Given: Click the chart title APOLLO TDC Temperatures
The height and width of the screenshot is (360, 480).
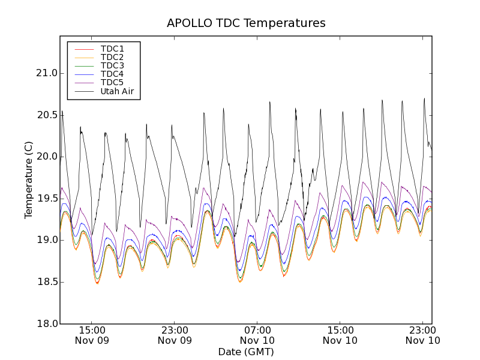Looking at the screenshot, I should [246, 23].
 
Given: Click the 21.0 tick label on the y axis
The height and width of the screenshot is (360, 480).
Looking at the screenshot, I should [46, 73].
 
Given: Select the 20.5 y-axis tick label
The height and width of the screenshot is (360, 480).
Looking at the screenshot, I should [46, 115].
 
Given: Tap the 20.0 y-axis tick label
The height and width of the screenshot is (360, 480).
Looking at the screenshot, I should [46, 157].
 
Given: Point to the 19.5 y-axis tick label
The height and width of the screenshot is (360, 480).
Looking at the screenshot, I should [46, 199].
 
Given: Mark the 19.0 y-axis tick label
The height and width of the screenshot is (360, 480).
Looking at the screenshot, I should [46, 240].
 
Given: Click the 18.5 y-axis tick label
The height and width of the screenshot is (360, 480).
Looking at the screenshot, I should [46, 282].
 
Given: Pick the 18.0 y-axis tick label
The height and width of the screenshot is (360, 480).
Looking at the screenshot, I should [46, 323].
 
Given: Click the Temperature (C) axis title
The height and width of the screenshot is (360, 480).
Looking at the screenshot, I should [29, 180].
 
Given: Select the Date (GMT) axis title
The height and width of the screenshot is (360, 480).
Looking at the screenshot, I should [246, 352].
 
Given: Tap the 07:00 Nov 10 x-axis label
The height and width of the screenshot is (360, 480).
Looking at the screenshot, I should [257, 335].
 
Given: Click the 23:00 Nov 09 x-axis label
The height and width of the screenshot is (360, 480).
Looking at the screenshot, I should [175, 335].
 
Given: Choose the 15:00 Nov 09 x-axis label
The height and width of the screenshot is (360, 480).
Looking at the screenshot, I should [92, 335].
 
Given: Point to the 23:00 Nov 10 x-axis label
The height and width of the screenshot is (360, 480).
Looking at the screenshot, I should [422, 335].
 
